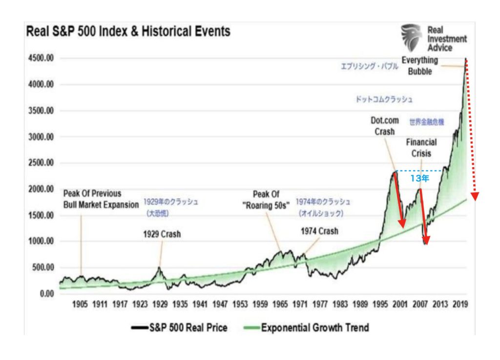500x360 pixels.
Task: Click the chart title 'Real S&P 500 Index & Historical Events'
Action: (127, 32)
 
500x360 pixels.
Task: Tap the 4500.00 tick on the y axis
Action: (39, 59)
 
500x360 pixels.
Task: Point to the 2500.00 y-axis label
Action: (39, 163)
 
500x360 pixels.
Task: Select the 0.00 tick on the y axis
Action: (45, 294)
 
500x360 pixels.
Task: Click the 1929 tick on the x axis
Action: (160, 304)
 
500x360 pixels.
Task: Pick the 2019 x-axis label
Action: (460, 304)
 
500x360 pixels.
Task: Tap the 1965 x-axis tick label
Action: (280, 304)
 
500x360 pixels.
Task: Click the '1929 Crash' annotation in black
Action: (162, 234)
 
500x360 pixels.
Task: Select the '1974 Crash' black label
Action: (319, 231)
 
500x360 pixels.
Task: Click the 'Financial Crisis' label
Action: (421, 147)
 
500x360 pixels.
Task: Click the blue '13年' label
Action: (419, 179)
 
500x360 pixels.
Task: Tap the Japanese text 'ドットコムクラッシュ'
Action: (384, 99)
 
